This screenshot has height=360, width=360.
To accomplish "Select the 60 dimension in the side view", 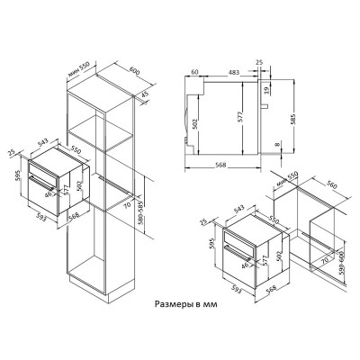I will point(194,72).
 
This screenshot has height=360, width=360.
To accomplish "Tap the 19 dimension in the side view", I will point(267,89).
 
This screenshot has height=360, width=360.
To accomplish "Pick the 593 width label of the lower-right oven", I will point(235,289).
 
